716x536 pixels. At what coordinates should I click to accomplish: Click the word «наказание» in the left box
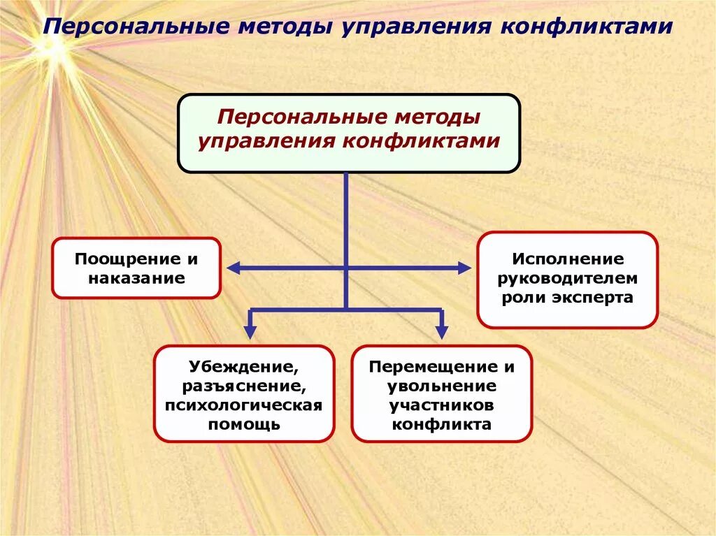136,278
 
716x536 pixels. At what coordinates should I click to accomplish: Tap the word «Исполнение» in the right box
567,259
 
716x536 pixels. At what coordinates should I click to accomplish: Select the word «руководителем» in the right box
567,278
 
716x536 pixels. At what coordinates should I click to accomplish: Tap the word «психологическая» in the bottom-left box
243,405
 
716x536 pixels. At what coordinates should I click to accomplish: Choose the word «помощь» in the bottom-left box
243,423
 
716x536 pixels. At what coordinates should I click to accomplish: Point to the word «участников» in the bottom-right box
441,405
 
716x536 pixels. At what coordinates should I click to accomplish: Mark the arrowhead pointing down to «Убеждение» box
250,331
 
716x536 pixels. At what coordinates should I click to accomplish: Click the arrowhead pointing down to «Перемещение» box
441,331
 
